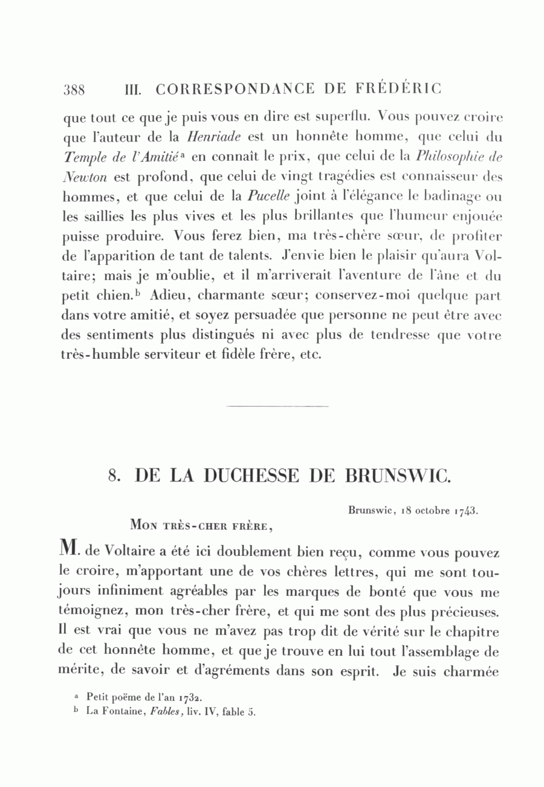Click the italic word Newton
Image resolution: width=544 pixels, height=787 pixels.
click(83, 177)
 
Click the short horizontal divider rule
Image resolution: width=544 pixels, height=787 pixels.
click(277, 407)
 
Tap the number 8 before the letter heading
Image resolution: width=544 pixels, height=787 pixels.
click(112, 476)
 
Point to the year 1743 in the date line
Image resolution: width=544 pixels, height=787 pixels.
click(465, 509)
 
